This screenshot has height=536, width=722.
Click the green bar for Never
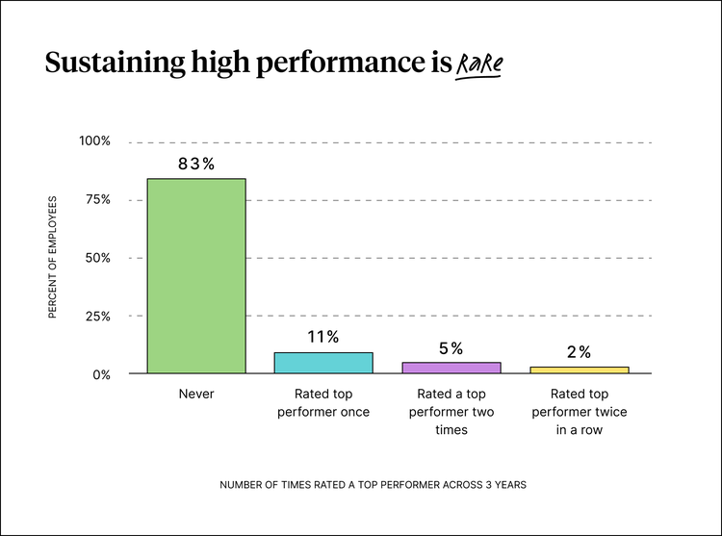coord(195,275)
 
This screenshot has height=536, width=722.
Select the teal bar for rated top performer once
coord(323,363)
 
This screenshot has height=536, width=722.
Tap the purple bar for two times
coord(451,368)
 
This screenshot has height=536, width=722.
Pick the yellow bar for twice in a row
coord(579,370)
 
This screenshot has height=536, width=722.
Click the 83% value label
coord(195,164)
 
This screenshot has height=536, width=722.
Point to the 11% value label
coord(323,337)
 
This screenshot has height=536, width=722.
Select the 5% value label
coord(451,348)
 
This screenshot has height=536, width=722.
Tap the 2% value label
coord(579,352)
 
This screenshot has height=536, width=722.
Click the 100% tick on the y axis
coord(94,141)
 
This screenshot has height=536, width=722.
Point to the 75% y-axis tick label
coord(97,200)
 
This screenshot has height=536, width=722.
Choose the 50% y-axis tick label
coord(97,258)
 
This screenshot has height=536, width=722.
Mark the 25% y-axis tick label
coord(97,316)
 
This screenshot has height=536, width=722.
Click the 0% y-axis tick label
coord(101,374)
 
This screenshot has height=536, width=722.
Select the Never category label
coord(196,395)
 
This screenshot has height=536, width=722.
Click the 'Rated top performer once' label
coord(323,403)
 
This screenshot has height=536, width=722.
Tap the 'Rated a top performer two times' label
coord(451,412)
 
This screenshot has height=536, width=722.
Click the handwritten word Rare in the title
coord(479,65)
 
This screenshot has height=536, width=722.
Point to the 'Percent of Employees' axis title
coord(53,257)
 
